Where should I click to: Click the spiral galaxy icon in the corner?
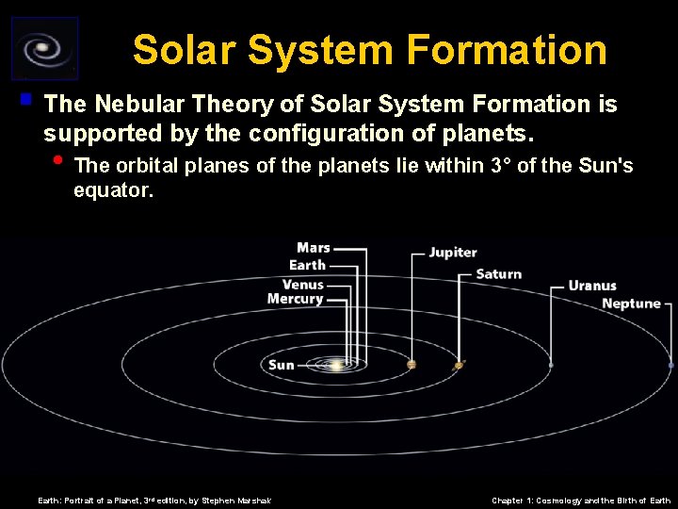(x=44, y=49)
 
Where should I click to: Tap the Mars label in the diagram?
(x=314, y=249)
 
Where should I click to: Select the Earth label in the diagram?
(x=307, y=266)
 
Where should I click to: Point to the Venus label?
(x=302, y=284)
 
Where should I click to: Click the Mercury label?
(x=295, y=300)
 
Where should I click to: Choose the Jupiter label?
(x=453, y=253)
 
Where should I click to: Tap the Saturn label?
(x=499, y=274)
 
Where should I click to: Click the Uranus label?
(x=592, y=286)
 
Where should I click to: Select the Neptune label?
(x=631, y=304)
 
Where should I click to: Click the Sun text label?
(x=281, y=365)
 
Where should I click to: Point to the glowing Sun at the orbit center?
(x=335, y=364)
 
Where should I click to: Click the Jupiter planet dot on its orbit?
(x=412, y=365)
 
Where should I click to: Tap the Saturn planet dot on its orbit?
(x=459, y=365)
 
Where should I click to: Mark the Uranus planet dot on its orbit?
(x=551, y=365)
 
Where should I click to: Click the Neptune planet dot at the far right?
(x=671, y=365)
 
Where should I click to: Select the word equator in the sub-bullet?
(x=112, y=190)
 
